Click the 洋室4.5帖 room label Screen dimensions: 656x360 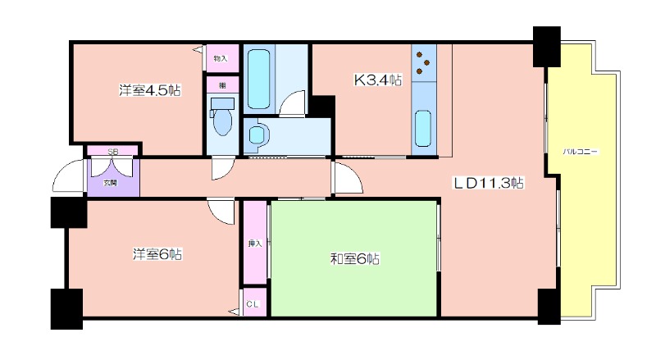(x=150, y=90)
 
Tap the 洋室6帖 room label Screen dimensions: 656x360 (x=157, y=254)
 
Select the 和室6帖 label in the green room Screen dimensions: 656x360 (x=355, y=259)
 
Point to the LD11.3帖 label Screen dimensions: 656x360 (x=488, y=183)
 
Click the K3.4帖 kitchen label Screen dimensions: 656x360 (x=378, y=80)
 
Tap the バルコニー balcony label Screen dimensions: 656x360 (x=581, y=152)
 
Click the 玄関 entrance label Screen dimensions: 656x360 (x=110, y=183)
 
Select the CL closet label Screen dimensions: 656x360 (x=253, y=304)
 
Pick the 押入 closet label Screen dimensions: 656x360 (x=255, y=244)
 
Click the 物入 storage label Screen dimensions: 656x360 (x=221, y=58)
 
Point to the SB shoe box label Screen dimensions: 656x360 (x=113, y=152)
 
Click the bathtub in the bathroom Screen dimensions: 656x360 (x=258, y=80)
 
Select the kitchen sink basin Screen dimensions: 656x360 (x=423, y=129)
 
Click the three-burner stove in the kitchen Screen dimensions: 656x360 (x=423, y=63)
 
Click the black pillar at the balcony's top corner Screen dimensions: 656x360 (x=546, y=47)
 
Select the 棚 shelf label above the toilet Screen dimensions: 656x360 (x=222, y=86)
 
